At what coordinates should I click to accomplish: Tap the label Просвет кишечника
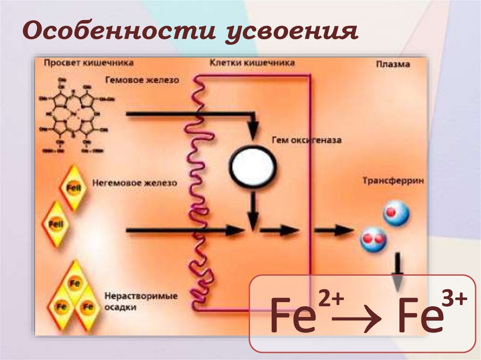(89, 62)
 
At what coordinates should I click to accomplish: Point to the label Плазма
(393, 65)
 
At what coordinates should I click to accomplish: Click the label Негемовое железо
(134, 182)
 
